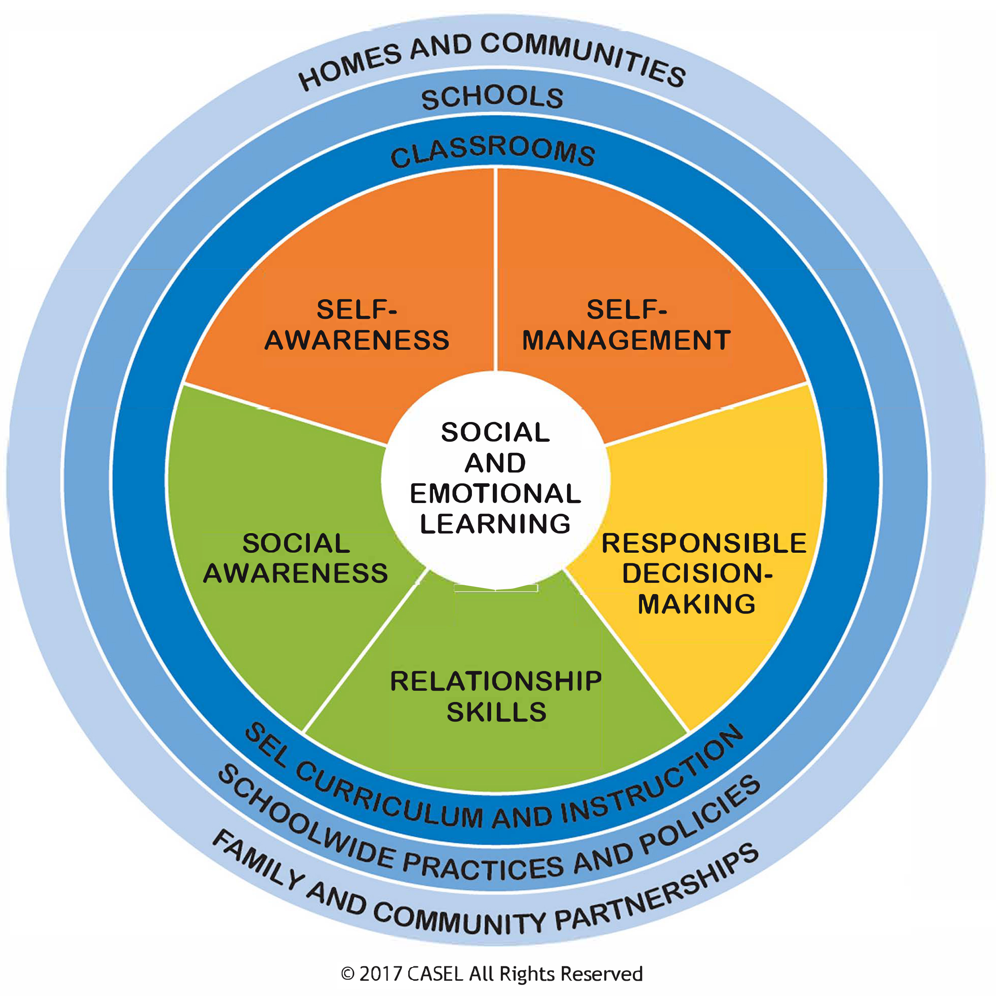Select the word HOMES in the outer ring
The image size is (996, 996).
click(x=351, y=67)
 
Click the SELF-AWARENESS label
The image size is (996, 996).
click(x=357, y=325)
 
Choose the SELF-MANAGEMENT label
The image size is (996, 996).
click(x=627, y=325)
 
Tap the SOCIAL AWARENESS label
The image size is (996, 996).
click(x=296, y=558)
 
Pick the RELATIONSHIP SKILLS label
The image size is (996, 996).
click(x=496, y=696)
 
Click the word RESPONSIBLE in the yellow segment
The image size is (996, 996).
click(x=704, y=544)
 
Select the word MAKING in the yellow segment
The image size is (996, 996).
click(x=697, y=604)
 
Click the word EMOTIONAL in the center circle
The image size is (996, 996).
click(x=495, y=493)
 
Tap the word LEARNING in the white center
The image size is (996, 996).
click(x=495, y=524)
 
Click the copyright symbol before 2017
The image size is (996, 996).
click(x=348, y=974)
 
